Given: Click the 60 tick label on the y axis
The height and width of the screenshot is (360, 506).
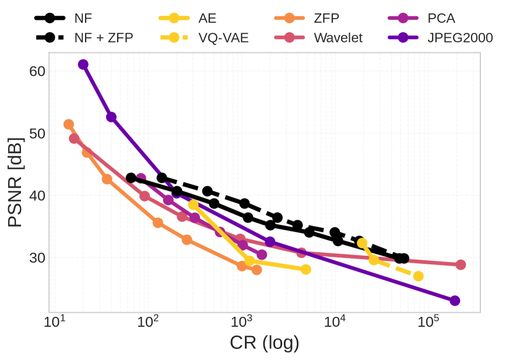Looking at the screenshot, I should tap(37, 71).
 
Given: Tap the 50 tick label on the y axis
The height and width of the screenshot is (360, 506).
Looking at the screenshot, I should tap(37, 133).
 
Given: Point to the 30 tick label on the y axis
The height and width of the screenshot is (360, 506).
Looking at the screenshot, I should tap(37, 257).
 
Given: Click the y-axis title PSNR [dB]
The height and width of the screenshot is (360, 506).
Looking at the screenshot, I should tap(16, 182).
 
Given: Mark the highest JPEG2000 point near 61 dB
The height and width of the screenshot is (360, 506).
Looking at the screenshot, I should tap(83, 65).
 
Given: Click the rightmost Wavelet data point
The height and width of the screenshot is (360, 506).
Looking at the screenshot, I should tap(461, 264).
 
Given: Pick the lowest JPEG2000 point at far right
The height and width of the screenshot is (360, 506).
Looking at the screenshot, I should tap(455, 301).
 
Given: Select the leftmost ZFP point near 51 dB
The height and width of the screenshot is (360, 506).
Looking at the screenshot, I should tap(69, 124).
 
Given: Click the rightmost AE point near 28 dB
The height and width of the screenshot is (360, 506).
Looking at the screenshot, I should tap(306, 269).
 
